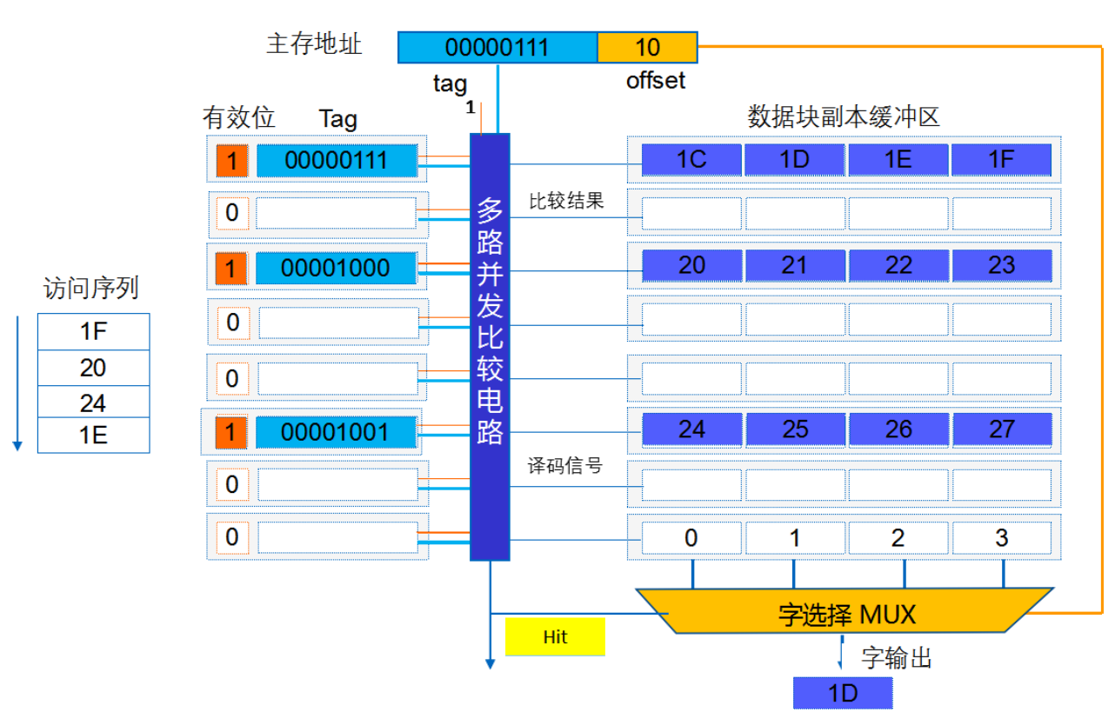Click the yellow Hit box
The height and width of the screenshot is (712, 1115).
[x=554, y=636]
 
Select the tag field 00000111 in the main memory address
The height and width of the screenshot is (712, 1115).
[x=497, y=47]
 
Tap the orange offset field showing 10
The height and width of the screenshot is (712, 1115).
[x=647, y=47]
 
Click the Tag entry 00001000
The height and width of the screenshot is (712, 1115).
[x=336, y=268]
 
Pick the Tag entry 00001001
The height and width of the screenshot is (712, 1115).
[x=336, y=431]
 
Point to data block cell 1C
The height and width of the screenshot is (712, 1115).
[x=691, y=160]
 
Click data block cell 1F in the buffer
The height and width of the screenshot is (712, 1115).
[x=1001, y=160]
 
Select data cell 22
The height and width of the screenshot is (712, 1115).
[x=898, y=264]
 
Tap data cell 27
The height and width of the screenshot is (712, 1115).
[x=1001, y=429]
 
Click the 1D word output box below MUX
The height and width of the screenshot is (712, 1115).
[x=843, y=693]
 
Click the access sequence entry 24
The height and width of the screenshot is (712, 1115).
[x=93, y=403]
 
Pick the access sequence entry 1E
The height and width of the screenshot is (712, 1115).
[x=93, y=436]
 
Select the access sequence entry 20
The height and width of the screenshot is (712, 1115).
[x=93, y=369]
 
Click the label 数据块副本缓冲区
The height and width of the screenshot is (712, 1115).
[x=844, y=116]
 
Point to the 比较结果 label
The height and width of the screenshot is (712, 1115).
[x=566, y=201]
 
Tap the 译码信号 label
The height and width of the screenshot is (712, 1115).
[x=565, y=466]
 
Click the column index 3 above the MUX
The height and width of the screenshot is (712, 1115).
[x=1001, y=538]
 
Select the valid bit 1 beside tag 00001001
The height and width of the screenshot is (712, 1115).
[x=230, y=431]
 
